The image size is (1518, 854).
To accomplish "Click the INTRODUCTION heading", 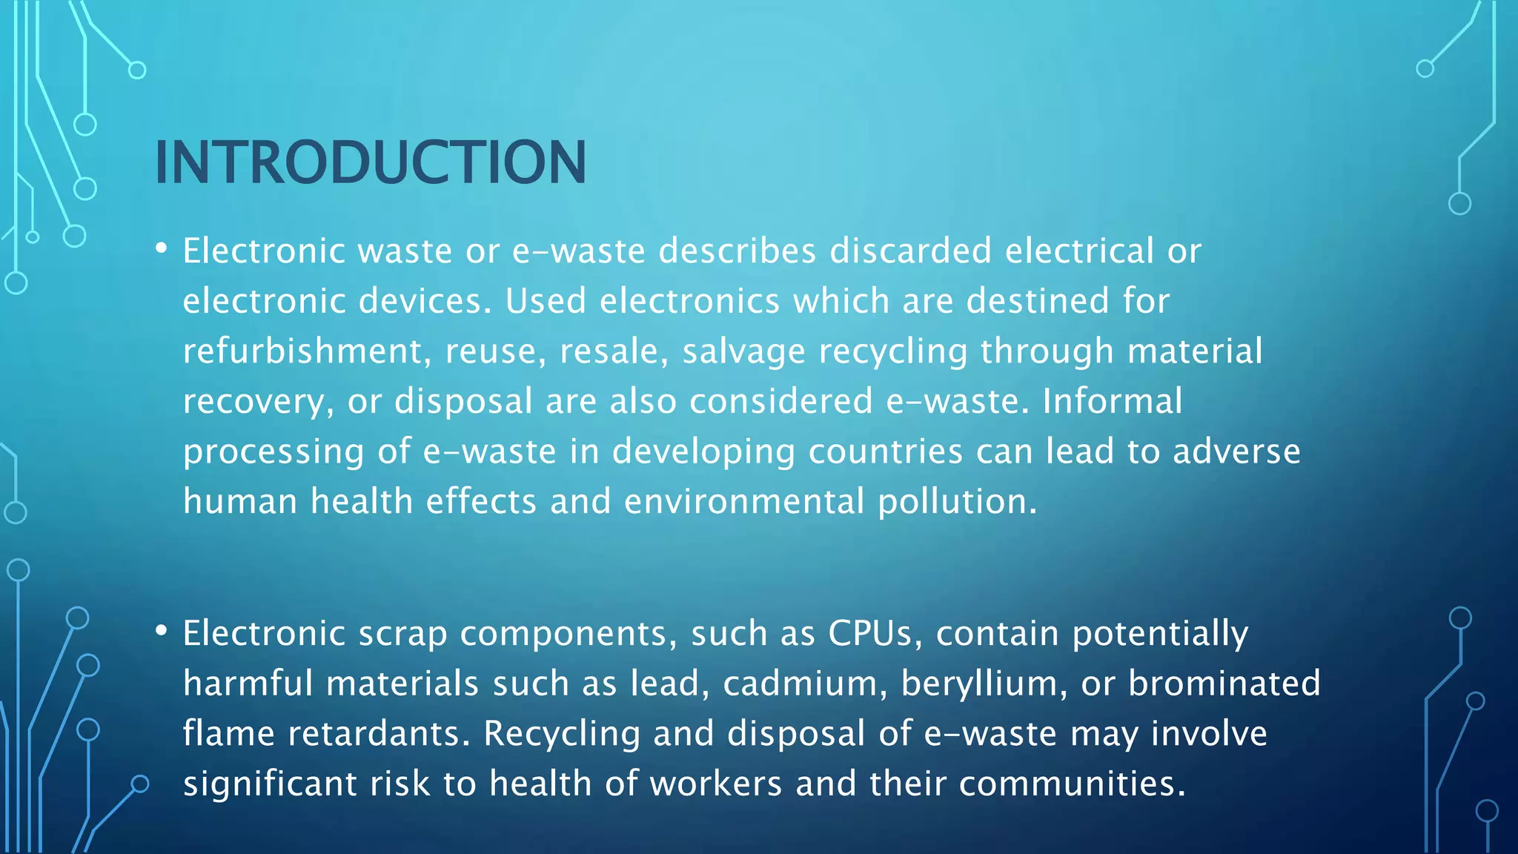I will coord(370,162).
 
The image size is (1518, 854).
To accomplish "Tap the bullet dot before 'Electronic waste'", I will coord(161,249).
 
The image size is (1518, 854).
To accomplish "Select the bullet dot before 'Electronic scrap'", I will coord(161,632).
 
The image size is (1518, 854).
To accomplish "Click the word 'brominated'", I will coord(1224,683).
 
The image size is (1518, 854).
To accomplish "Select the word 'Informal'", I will coord(1112,401).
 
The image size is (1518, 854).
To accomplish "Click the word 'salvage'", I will coord(743,351).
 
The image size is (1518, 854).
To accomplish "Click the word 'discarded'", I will coord(910,251).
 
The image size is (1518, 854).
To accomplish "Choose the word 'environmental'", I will coord(744,502).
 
